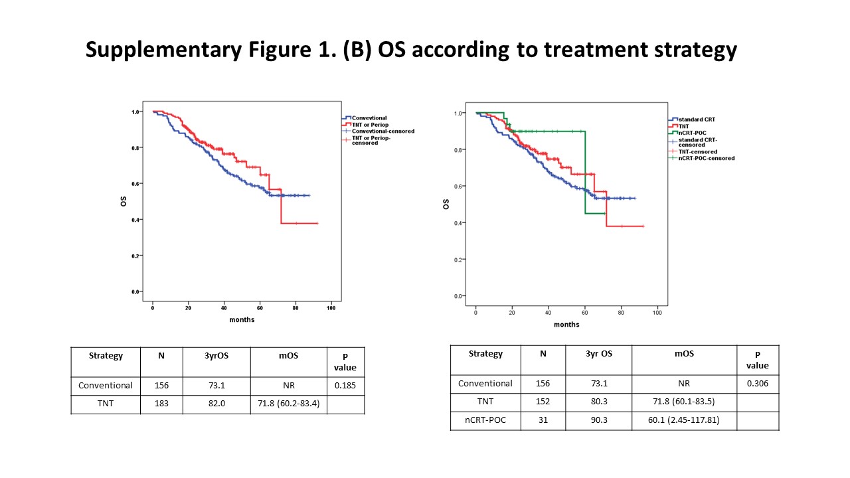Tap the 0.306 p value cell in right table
pyautogui.click(x=758, y=383)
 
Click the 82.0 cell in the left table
pyautogui.click(x=216, y=404)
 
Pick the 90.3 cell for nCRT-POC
pyautogui.click(x=598, y=421)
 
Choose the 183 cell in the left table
pyautogui.click(x=161, y=404)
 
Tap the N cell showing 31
pyautogui.click(x=543, y=421)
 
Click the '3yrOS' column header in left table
pyautogui.click(x=216, y=356)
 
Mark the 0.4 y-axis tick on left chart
pyautogui.click(x=135, y=220)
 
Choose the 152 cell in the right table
pyautogui.click(x=543, y=402)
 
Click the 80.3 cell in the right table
pyautogui.click(x=598, y=402)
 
